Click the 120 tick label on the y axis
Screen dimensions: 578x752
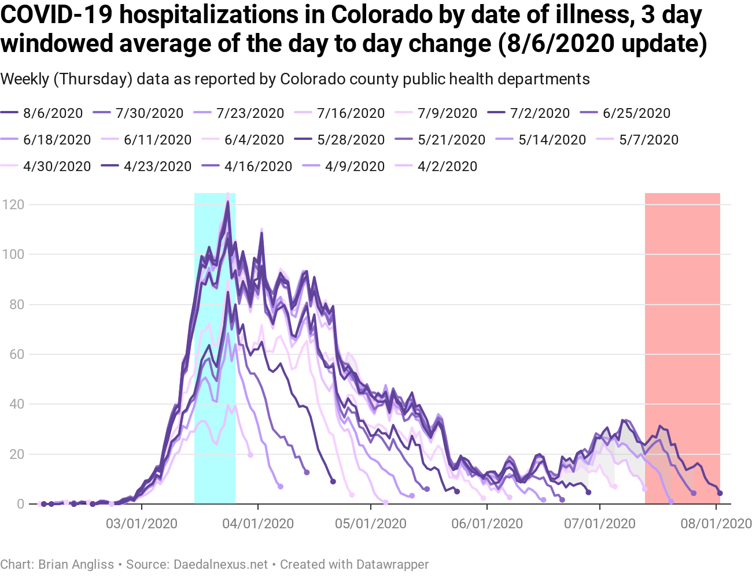coord(13,205)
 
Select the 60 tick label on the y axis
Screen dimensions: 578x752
coord(17,354)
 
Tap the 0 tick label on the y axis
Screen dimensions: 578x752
coord(20,504)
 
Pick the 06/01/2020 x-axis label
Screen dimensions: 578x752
coord(487,524)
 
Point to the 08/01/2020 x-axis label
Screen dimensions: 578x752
coord(716,524)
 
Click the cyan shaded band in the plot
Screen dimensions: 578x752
coord(215,347)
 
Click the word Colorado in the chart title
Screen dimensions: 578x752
coord(377,15)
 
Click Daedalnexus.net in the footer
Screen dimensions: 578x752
coord(220,564)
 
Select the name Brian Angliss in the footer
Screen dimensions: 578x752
coord(76,564)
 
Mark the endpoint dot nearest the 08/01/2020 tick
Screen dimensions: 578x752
coord(720,493)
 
